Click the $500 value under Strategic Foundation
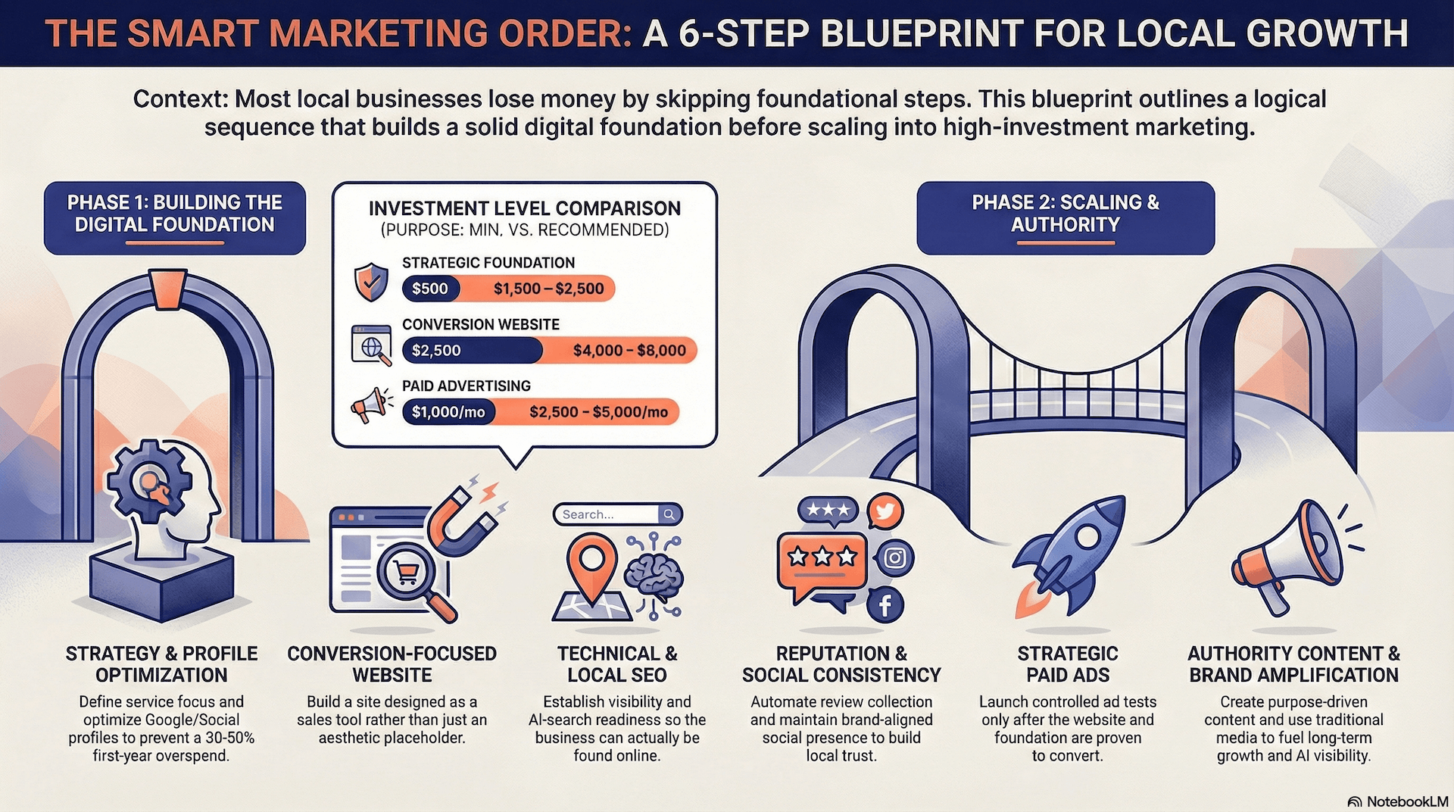pyautogui.click(x=430, y=289)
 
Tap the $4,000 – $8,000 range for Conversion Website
pyautogui.click(x=629, y=351)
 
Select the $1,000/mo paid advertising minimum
pyautogui.click(x=448, y=412)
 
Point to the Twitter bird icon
pyautogui.click(x=885, y=511)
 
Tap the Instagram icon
pyautogui.click(x=895, y=558)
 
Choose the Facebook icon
pyautogui.click(x=885, y=605)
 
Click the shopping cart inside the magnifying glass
pyautogui.click(x=407, y=573)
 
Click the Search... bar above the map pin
pyautogui.click(x=617, y=514)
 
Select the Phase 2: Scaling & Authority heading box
pyautogui.click(x=1065, y=217)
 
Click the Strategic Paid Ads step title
pyautogui.click(x=1068, y=664)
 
